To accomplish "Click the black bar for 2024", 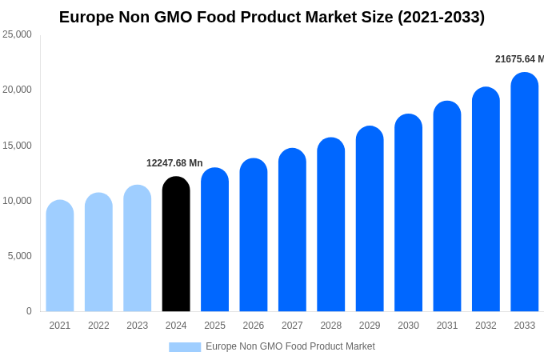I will click(x=176, y=244).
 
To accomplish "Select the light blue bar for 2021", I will click(x=60, y=256).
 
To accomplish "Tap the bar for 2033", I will click(x=524, y=192).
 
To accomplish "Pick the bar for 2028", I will click(x=330, y=225).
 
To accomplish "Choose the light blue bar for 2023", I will click(x=138, y=248).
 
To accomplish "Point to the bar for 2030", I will click(x=408, y=213).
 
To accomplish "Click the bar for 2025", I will click(x=214, y=240).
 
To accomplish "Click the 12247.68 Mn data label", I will click(x=174, y=163).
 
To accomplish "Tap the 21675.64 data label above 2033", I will click(x=518, y=59).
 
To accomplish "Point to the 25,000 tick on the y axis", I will click(x=18, y=34).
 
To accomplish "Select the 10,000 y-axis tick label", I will click(x=18, y=201).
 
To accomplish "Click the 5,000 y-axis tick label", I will click(x=20, y=256).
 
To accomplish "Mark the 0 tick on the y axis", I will click(x=29, y=311).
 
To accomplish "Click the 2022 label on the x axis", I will click(x=98, y=326).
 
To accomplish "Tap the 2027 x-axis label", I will click(x=292, y=326).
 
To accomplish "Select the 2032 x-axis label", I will click(x=486, y=326).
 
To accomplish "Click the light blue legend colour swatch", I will click(x=185, y=347).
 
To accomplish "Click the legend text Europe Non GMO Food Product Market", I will click(x=290, y=346).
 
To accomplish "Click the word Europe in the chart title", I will click(x=86, y=17).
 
